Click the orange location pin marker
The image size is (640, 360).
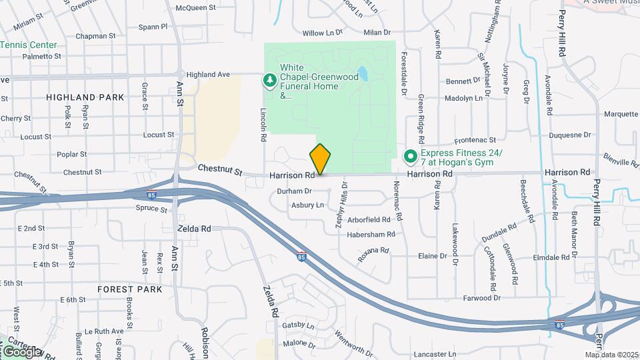(x=320, y=159)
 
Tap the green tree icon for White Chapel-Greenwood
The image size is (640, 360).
(x=270, y=81)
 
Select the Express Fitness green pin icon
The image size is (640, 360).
(x=410, y=158)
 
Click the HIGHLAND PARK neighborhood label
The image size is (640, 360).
(x=85, y=97)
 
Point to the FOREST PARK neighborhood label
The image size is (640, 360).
(x=129, y=289)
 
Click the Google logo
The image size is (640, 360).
(x=21, y=351)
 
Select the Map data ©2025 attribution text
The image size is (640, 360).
(x=611, y=355)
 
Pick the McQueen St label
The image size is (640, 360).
(x=196, y=8)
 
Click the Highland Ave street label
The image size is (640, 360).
(x=208, y=75)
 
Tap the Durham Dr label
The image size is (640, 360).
(x=294, y=191)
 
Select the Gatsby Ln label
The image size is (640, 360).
(x=298, y=325)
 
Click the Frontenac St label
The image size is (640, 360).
(x=475, y=141)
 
